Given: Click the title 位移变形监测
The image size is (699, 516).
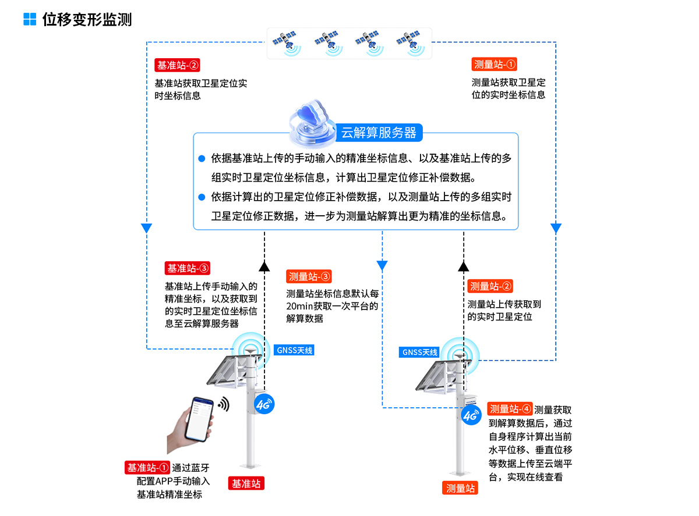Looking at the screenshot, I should [x=87, y=19].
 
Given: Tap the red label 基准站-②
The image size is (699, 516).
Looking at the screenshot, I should [x=178, y=65].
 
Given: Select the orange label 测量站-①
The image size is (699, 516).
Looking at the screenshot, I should [x=495, y=65].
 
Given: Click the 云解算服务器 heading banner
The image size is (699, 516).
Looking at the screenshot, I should [x=379, y=133].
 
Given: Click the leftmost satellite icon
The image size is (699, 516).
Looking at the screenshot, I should [x=285, y=43].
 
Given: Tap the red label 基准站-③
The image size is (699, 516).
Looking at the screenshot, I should [x=188, y=268].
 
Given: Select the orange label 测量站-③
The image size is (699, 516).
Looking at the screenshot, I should [x=309, y=277].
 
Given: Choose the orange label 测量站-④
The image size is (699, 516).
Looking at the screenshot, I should [x=510, y=409].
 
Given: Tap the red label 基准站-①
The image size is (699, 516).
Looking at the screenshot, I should [x=147, y=467].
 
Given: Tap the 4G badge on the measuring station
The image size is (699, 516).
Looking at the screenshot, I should [x=471, y=415].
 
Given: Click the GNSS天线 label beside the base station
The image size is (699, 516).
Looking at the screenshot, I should [x=294, y=350].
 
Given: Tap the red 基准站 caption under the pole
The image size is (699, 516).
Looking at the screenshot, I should [x=247, y=483].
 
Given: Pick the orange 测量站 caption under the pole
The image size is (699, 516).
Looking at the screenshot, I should [x=460, y=488].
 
